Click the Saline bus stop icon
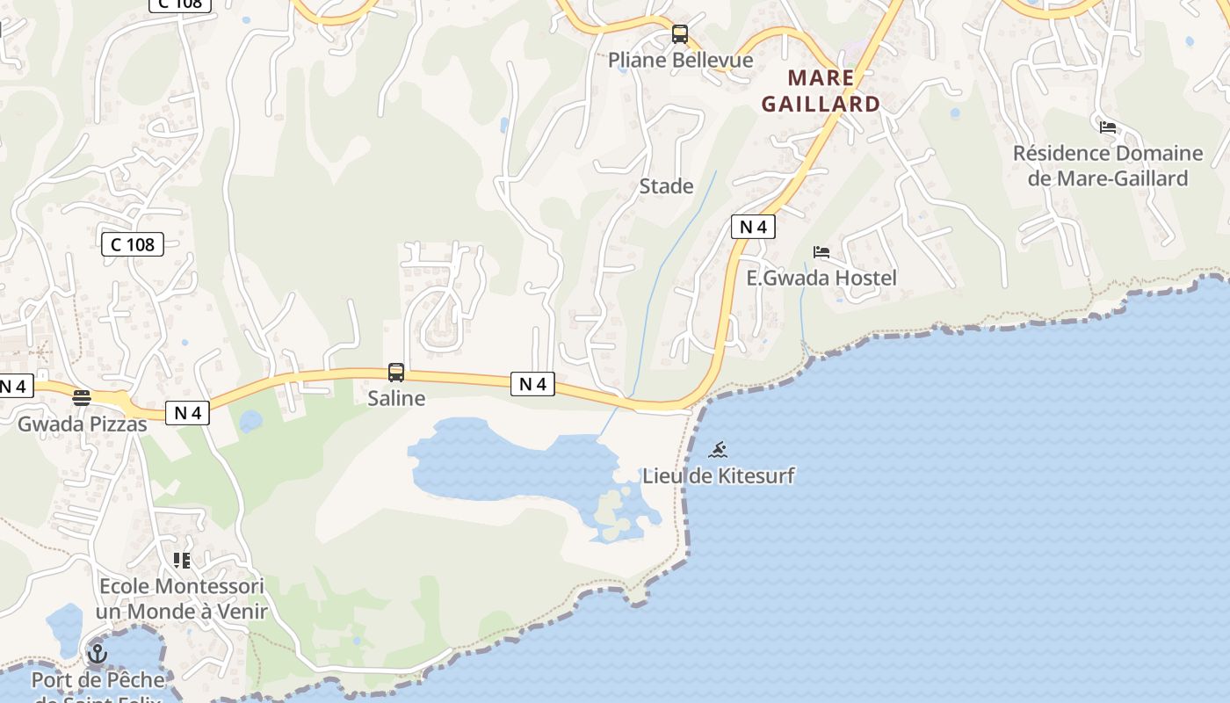(396, 373)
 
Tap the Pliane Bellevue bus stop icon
(680, 34)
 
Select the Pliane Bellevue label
(681, 60)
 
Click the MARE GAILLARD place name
(821, 91)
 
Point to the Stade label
(666, 186)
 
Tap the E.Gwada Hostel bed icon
(821, 252)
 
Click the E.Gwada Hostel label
(821, 278)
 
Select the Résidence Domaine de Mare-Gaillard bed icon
(1108, 127)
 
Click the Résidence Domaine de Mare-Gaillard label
(1108, 165)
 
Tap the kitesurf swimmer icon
(718, 450)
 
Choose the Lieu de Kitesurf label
(719, 476)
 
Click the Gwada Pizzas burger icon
(82, 398)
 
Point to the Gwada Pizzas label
(83, 424)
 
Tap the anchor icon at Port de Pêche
(98, 654)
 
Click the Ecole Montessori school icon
(182, 560)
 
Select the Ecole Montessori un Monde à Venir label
(182, 598)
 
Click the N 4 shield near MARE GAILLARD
(753, 227)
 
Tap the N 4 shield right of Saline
(532, 384)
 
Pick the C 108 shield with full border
(133, 244)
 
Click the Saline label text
(396, 398)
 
